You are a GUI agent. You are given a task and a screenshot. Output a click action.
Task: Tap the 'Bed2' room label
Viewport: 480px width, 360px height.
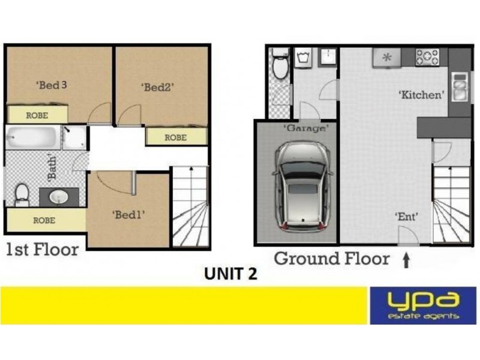(157, 86)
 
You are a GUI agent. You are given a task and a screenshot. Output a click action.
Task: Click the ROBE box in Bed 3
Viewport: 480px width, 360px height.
(37, 114)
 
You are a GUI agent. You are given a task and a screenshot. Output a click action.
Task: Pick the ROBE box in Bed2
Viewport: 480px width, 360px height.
(176, 137)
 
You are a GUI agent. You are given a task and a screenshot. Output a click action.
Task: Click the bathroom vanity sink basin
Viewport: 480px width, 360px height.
(60, 196)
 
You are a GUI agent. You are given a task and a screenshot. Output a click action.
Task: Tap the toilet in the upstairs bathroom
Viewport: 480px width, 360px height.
(21, 193)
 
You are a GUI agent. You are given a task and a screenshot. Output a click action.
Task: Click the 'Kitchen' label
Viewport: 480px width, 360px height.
(422, 94)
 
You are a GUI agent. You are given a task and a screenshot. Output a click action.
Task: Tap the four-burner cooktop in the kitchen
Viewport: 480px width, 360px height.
(427, 57)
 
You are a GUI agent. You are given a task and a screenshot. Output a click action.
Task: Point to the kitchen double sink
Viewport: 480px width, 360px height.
(459, 88)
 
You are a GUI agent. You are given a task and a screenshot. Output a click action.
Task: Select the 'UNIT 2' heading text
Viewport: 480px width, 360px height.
(231, 274)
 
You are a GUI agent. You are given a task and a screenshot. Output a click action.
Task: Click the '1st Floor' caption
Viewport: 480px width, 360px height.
(42, 250)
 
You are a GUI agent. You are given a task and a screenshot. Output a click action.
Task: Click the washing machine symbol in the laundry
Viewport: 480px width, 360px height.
(304, 59)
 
